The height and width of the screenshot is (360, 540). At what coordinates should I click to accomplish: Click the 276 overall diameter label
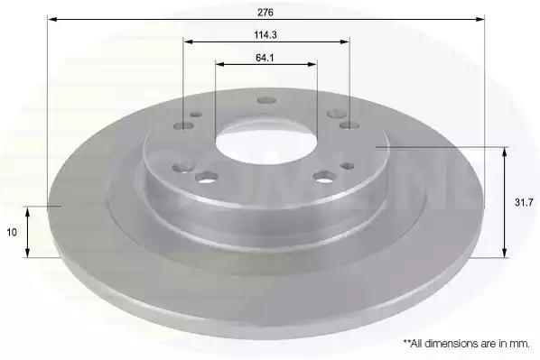[265, 13]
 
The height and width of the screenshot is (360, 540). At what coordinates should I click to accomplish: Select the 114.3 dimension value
[265, 35]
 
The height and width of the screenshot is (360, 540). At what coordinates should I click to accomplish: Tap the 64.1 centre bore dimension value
[265, 58]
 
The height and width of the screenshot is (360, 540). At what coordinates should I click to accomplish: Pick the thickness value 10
[12, 232]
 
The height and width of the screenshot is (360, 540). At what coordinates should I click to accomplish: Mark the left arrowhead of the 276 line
[52, 19]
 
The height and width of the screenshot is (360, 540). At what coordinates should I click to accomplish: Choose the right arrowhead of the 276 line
[479, 19]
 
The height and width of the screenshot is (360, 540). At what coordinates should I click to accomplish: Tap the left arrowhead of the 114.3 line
[188, 42]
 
